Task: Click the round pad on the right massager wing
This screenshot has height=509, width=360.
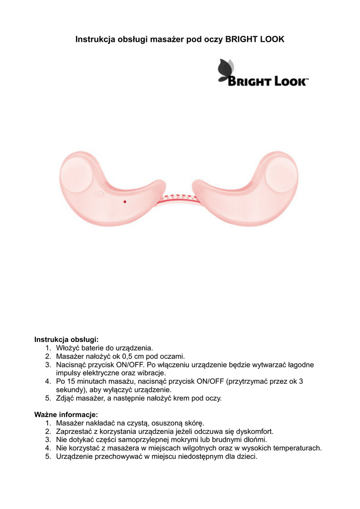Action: click(282, 174)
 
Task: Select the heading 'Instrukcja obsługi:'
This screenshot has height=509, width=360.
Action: click(66, 339)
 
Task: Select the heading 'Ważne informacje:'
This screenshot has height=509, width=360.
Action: click(66, 414)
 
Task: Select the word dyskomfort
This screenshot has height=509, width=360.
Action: click(252, 431)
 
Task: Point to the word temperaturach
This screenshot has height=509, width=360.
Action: click(296, 448)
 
